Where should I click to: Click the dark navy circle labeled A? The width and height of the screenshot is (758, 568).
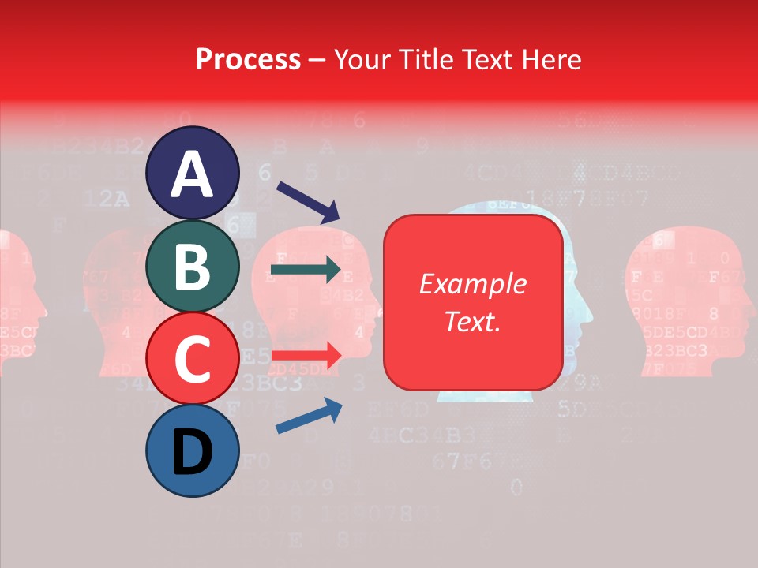click(193, 173)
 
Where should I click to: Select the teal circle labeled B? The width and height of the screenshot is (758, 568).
click(193, 265)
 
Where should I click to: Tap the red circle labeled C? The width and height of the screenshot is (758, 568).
click(193, 357)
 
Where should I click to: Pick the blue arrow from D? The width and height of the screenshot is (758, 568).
click(308, 416)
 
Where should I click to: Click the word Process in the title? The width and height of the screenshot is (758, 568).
click(248, 59)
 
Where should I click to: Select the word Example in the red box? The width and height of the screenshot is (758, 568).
click(472, 284)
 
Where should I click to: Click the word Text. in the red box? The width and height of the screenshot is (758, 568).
click(472, 321)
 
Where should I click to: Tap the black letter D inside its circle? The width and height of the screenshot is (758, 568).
click(193, 452)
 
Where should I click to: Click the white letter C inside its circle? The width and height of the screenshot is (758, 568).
click(193, 359)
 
